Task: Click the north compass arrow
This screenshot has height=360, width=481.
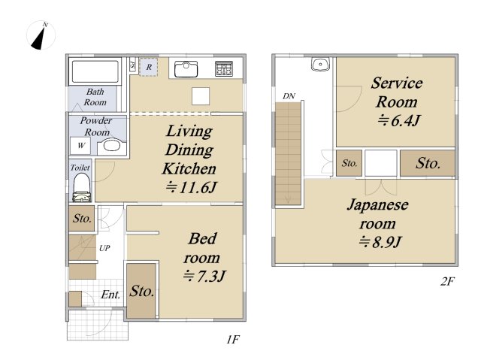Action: (x=38, y=38)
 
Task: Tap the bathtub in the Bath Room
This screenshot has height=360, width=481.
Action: (x=95, y=71)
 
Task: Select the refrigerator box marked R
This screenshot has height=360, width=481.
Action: (x=149, y=67)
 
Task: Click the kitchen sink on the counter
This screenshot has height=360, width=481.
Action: (x=186, y=69)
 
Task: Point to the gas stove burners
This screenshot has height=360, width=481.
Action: (x=224, y=68)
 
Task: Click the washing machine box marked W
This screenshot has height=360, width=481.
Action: (x=80, y=146)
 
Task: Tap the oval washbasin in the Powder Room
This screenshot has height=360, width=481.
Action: (x=112, y=146)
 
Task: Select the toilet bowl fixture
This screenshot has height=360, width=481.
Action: (x=82, y=188)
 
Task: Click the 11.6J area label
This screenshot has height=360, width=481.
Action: (x=191, y=187)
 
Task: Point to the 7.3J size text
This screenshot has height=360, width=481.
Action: (x=204, y=276)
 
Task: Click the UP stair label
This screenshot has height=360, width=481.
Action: (x=104, y=248)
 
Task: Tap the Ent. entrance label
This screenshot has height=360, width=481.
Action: (x=110, y=295)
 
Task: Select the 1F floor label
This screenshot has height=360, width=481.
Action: (x=233, y=340)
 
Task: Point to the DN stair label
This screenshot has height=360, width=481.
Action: (x=289, y=96)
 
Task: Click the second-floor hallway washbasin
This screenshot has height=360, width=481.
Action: (x=320, y=65)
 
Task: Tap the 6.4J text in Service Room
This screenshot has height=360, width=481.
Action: (x=398, y=120)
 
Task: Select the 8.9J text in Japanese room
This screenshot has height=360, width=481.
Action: (x=380, y=242)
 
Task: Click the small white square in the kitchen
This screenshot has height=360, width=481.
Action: (x=201, y=96)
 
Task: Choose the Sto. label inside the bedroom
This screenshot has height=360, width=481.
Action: (x=141, y=291)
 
